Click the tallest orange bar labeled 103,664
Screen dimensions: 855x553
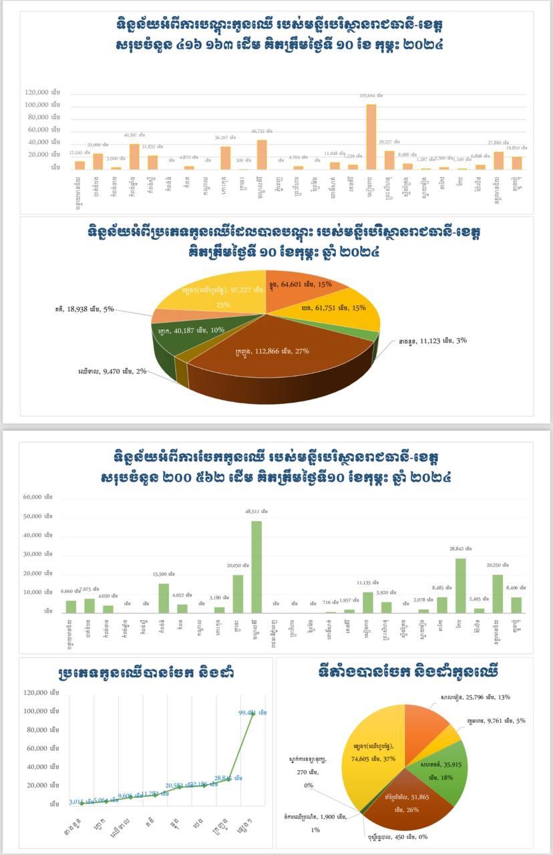[371, 136]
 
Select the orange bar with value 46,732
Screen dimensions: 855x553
[262, 154]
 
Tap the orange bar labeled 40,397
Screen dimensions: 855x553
[134, 156]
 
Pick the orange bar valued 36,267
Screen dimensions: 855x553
[226, 158]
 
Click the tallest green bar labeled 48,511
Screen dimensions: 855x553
[256, 566]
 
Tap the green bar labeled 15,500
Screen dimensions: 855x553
[164, 598]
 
